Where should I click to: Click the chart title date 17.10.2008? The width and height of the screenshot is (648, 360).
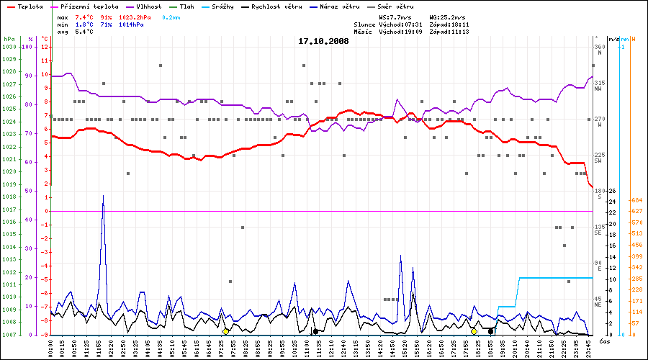click(x=323, y=41)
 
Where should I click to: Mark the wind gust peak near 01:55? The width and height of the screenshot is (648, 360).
click(x=103, y=196)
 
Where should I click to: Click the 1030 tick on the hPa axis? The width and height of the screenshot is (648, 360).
click(x=9, y=47)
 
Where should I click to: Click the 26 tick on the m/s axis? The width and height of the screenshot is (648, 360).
click(x=612, y=191)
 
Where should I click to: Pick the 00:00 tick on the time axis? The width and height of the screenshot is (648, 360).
click(x=51, y=346)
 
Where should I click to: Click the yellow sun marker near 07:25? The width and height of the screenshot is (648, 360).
click(x=225, y=331)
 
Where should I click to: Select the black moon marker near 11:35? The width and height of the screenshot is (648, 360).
click(x=315, y=331)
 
